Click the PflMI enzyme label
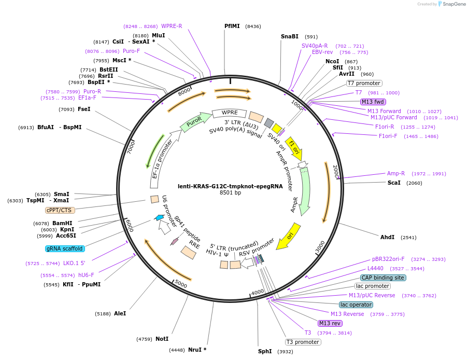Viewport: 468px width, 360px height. click(x=232, y=25)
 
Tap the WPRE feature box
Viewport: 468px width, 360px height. click(x=229, y=113)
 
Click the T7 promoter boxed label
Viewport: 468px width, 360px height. click(x=364, y=83)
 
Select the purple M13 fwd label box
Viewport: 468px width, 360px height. click(x=373, y=102)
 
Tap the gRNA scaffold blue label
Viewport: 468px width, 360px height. click(x=65, y=248)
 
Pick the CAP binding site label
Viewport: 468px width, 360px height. click(x=383, y=278)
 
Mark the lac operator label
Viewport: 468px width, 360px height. click(x=356, y=304)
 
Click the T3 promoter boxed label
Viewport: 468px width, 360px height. click(x=303, y=342)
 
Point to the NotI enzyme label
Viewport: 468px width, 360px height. click(x=162, y=339)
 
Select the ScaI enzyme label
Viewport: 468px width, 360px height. click(x=394, y=183)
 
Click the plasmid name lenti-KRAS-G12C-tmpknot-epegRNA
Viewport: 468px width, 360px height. click(x=230, y=186)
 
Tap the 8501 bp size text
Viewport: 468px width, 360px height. click(x=231, y=193)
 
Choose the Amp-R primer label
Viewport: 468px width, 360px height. click(x=396, y=173)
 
